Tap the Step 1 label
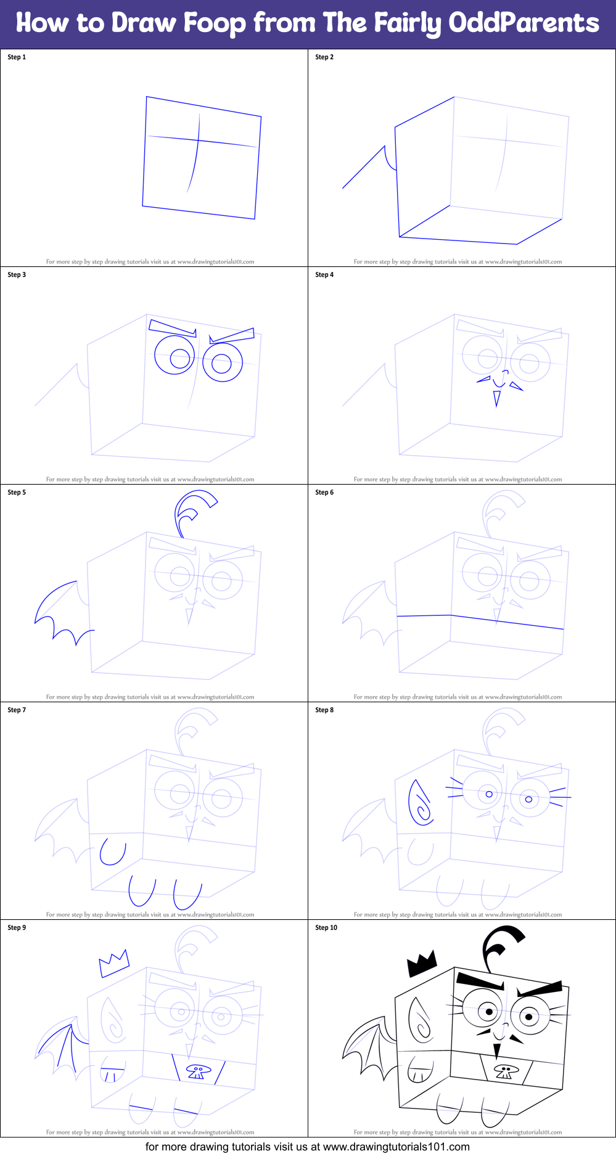point(17,57)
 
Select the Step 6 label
point(324,493)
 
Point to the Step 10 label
point(326,928)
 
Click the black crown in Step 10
point(422,963)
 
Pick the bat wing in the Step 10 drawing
point(369,1051)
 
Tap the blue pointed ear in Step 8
point(421,803)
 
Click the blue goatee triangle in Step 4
point(496,399)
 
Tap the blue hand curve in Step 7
point(113,852)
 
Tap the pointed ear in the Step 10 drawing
point(421,1021)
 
